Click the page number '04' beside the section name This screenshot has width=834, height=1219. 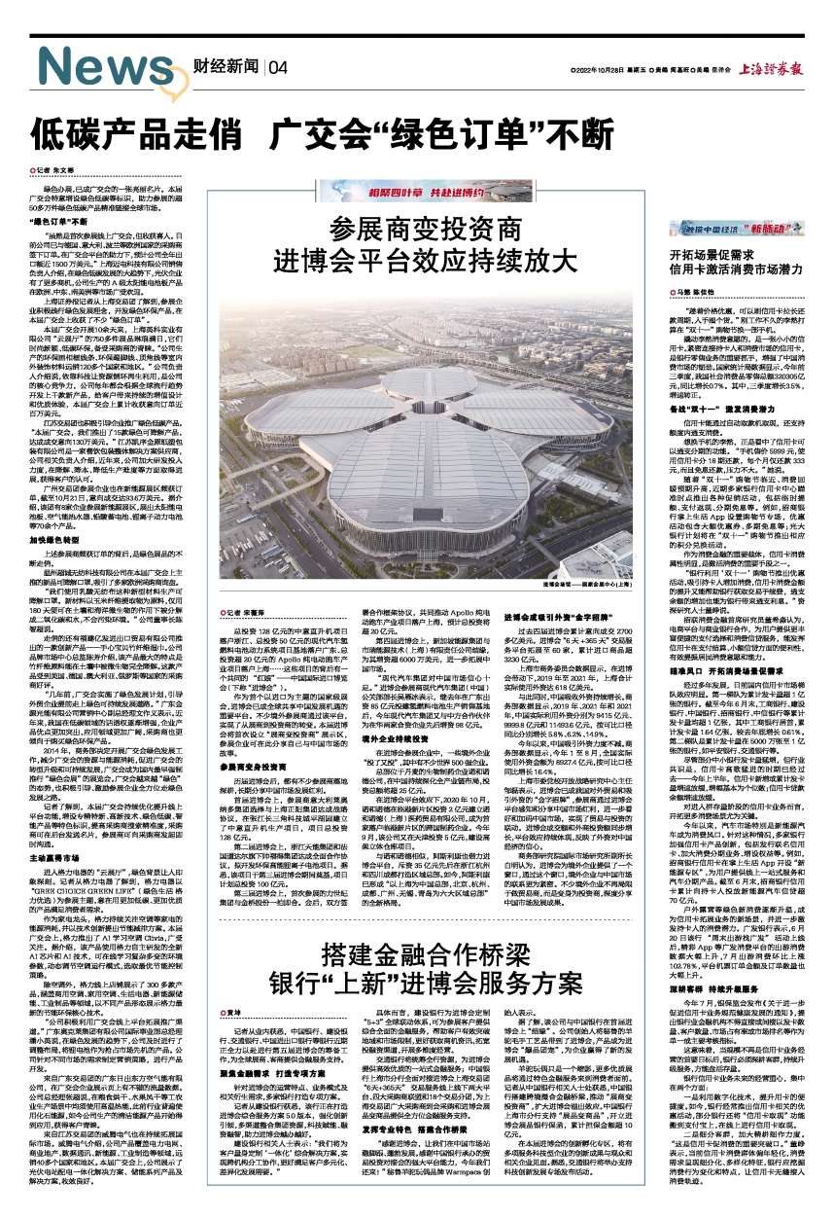[279, 67]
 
